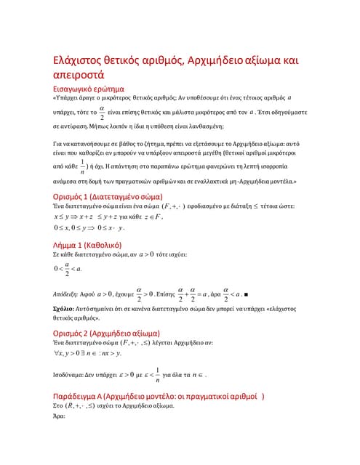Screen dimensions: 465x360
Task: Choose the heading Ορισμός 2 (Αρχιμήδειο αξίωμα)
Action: (x=111, y=334)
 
